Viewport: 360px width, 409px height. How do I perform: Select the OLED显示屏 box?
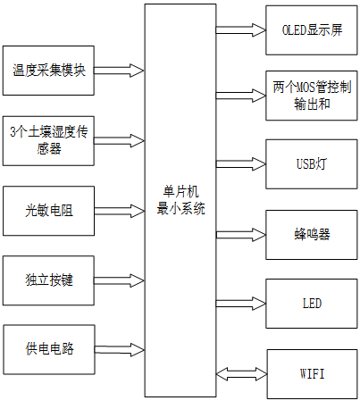[312, 29]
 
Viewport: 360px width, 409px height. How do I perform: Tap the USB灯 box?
[312, 164]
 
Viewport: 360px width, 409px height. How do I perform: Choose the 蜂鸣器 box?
[312, 234]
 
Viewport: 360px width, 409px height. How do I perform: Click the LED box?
[312, 303]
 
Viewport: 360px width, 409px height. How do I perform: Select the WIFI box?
[312, 371]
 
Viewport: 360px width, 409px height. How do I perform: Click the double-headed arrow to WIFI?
[241, 371]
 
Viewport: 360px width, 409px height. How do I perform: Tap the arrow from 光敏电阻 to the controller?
[121, 212]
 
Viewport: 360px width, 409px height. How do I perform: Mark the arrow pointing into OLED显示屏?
[241, 29]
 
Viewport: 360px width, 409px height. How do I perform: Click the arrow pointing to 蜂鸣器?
[241, 234]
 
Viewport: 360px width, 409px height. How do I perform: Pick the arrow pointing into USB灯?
[241, 164]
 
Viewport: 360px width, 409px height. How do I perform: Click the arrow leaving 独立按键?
[121, 280]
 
